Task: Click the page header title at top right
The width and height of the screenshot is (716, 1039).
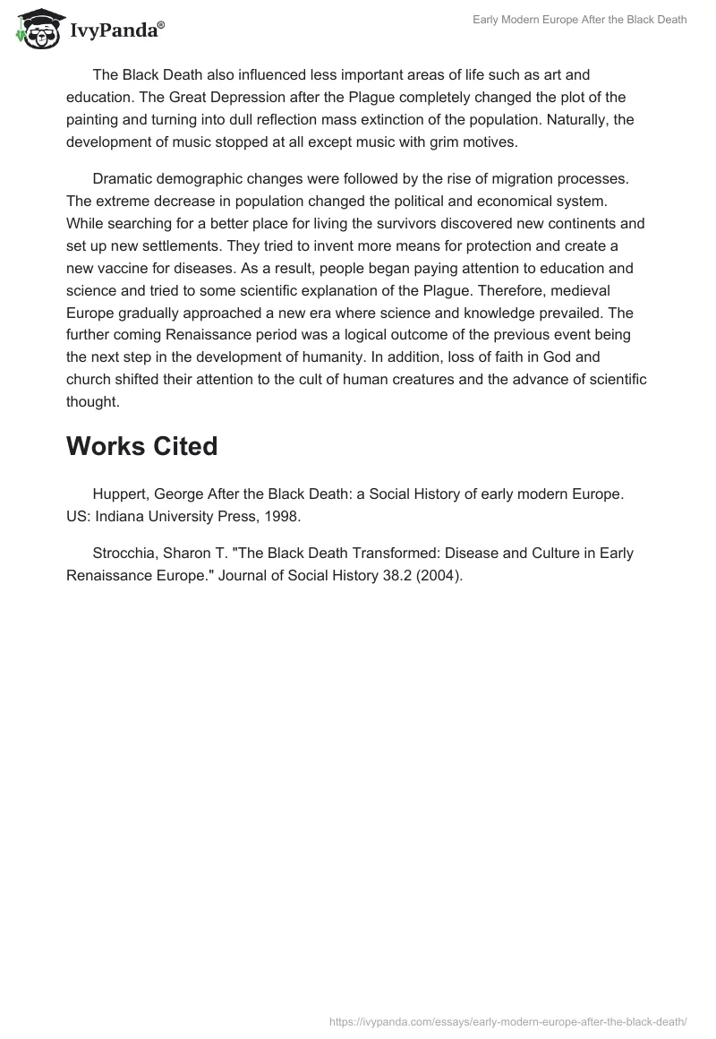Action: [580, 20]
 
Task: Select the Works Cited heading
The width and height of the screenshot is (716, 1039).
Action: [141, 445]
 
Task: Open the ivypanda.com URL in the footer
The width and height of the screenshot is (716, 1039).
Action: [507, 1021]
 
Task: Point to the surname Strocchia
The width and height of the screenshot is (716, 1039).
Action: [124, 553]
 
